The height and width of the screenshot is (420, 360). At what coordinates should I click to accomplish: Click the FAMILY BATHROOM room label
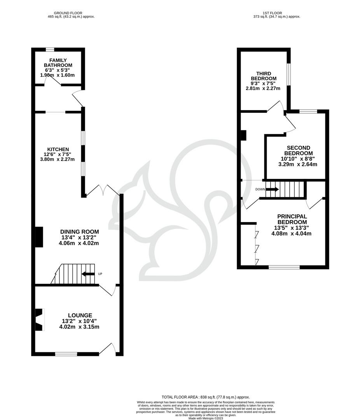tap(58, 63)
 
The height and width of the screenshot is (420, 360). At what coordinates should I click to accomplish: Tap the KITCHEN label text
tap(58, 149)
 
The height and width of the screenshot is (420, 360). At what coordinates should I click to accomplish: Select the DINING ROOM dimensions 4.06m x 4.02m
tap(80, 243)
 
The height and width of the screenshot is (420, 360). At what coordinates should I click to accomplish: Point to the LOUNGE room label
tap(80, 315)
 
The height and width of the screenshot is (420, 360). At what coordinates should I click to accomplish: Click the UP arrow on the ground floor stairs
tap(88, 274)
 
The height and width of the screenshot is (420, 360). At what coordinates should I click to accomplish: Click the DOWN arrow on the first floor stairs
tap(272, 189)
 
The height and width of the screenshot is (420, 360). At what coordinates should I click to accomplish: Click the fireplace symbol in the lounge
tap(39, 319)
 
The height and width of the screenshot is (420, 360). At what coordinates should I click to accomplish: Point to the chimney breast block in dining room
tap(39, 237)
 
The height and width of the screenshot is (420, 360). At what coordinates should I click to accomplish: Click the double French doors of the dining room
tap(103, 191)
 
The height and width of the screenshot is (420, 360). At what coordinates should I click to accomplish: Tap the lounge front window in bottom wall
tap(66, 354)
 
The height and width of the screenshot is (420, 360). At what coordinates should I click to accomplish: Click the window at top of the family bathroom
tap(50, 49)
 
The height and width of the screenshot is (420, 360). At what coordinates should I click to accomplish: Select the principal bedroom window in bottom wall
tap(284, 267)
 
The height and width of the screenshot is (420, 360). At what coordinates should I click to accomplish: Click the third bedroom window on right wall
tap(288, 74)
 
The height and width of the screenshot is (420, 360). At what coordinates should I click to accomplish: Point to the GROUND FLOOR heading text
tap(70, 13)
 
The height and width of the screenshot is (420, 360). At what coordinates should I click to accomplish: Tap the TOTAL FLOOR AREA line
tap(206, 397)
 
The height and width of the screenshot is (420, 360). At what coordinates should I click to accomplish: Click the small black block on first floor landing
tap(243, 135)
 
